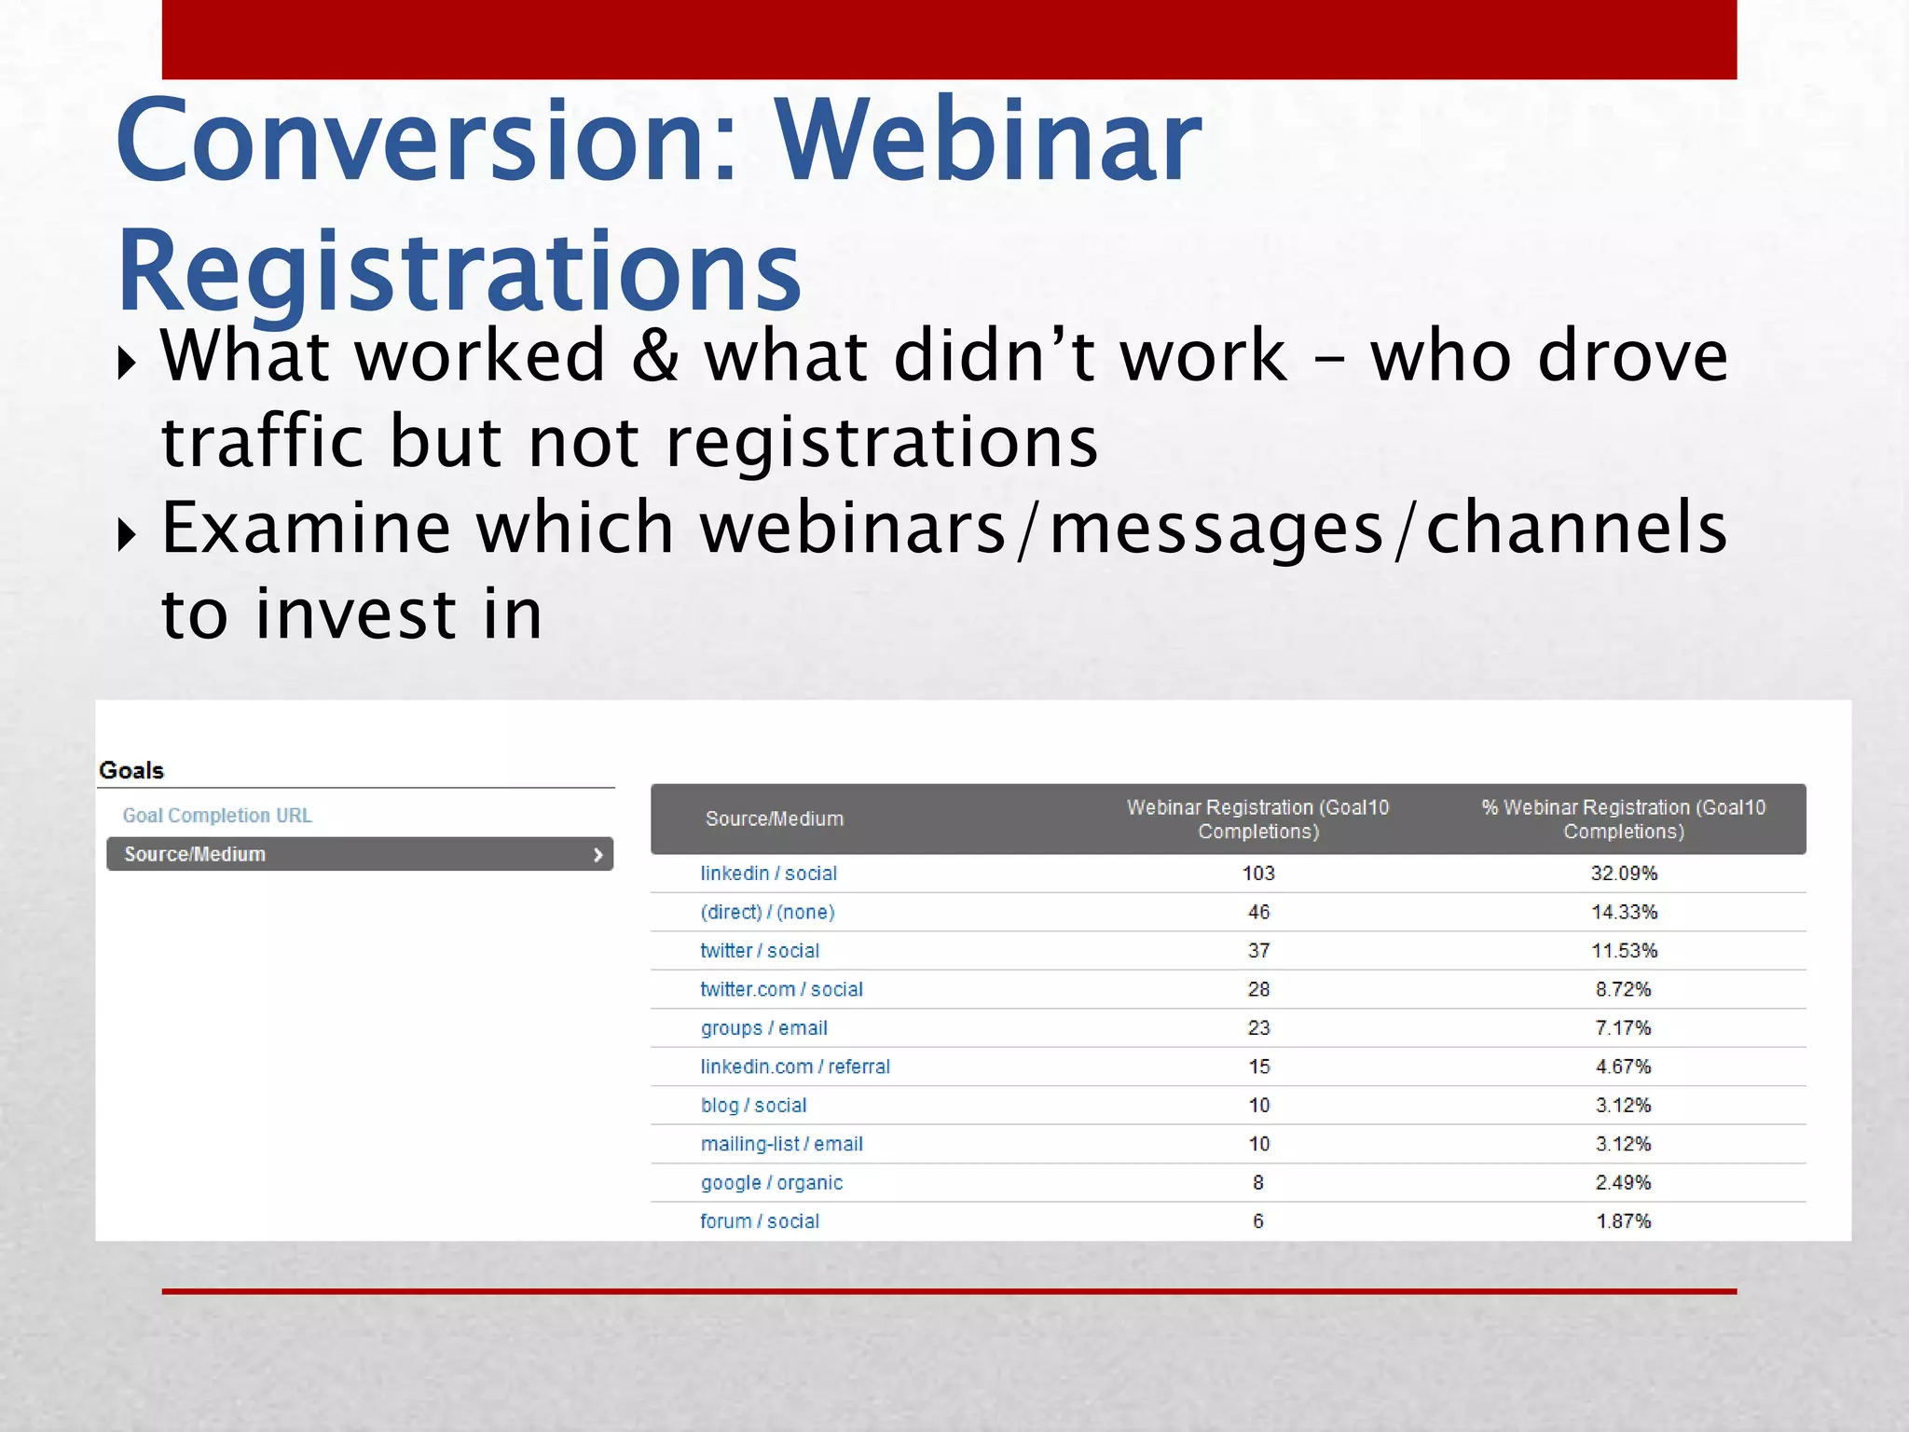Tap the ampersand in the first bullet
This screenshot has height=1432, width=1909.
(654, 356)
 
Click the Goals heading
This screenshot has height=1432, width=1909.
(131, 770)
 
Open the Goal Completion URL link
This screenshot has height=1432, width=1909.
(217, 815)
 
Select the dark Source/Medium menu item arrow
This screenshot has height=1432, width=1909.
(597, 854)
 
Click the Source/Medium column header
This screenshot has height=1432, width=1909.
(774, 819)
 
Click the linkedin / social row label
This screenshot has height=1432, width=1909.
(768, 873)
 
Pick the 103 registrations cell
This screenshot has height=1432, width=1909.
(1258, 873)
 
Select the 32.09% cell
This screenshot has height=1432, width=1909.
(1623, 873)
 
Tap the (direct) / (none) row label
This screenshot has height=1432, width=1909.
(767, 912)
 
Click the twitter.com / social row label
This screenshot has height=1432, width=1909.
(781, 989)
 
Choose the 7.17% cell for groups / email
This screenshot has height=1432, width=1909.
(1623, 1027)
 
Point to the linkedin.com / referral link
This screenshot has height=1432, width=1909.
(795, 1067)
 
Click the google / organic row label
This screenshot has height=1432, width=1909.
(771, 1182)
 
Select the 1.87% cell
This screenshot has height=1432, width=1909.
(1623, 1220)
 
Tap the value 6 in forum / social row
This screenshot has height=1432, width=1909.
(1258, 1220)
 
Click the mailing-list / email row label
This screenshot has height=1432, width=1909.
(781, 1144)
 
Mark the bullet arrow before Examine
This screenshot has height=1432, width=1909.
(127, 534)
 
